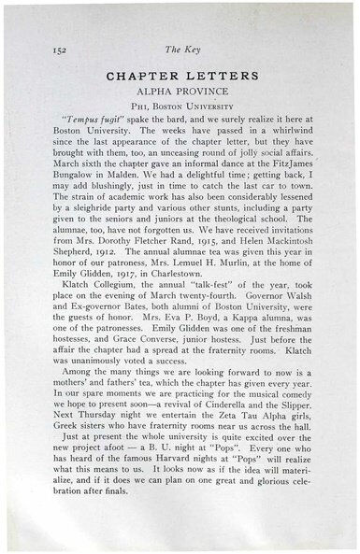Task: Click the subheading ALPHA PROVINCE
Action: click(180, 93)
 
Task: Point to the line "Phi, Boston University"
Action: click(180, 109)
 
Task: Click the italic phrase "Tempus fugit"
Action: click(85, 124)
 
